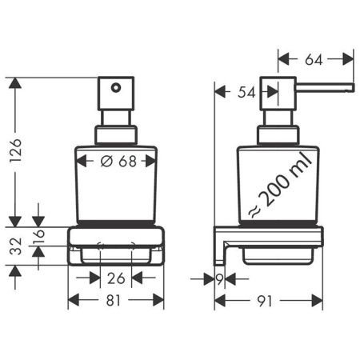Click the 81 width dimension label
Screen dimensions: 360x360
click(116, 301)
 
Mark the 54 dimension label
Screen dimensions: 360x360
click(247, 93)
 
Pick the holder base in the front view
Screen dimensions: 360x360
click(116, 248)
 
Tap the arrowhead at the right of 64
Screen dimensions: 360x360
click(349, 58)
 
